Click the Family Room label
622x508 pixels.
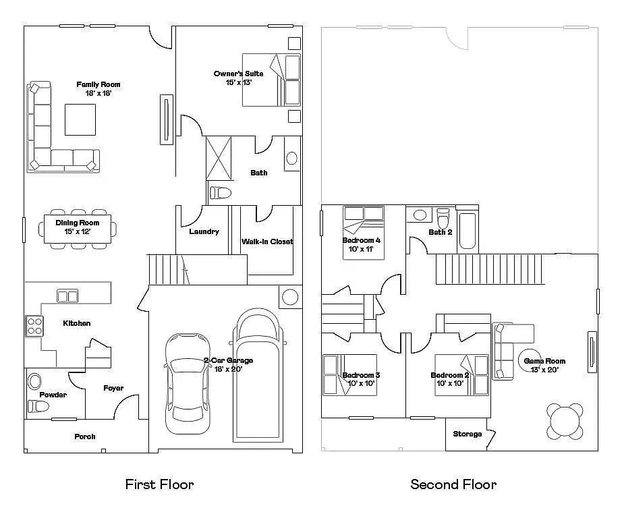(98, 84)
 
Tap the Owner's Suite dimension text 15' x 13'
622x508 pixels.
(239, 82)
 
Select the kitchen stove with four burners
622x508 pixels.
(34, 326)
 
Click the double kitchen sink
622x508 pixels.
(67, 296)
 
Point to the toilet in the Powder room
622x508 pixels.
(38, 407)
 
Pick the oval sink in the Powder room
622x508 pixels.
(35, 382)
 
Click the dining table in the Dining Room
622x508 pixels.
(78, 229)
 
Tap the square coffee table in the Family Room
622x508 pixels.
(80, 119)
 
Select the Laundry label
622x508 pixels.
(204, 231)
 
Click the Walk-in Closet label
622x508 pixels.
(267, 242)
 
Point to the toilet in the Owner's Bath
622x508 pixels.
(220, 193)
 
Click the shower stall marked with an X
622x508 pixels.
(219, 159)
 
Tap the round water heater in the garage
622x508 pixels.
(290, 297)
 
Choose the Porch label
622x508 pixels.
(85, 436)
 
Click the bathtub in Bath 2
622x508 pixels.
(468, 231)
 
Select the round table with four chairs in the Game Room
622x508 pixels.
(565, 422)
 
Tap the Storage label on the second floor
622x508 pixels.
(468, 434)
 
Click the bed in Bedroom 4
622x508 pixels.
(364, 233)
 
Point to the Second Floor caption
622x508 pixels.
(453, 484)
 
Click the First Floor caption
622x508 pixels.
(159, 484)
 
